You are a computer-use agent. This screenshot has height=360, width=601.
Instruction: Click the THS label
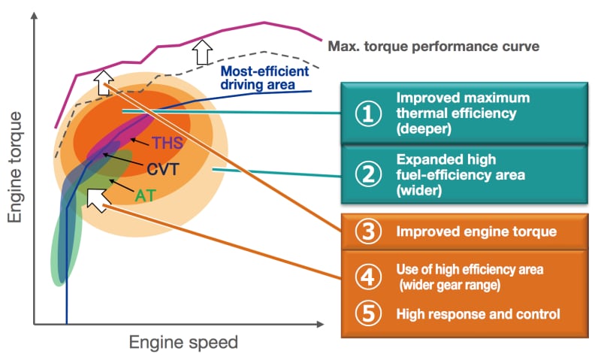coord(167,143)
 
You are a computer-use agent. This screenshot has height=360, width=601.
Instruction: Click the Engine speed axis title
coord(183,343)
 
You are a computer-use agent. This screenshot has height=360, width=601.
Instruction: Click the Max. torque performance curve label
coord(433,46)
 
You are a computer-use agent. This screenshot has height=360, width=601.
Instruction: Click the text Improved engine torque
coord(476,231)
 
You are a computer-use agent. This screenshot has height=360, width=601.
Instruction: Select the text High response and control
coord(478,313)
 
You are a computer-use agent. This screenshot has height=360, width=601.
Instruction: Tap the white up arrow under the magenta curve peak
coord(201,52)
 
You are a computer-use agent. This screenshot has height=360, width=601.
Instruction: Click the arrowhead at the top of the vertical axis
coord(33,14)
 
